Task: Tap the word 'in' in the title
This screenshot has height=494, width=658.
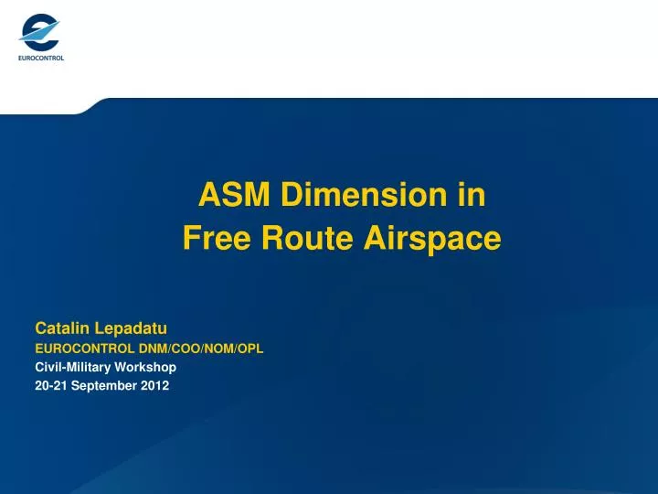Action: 472,195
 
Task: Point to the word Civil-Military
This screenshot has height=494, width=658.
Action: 72,367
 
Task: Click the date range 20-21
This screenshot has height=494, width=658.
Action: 49,385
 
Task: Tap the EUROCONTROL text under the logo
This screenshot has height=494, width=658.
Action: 40,58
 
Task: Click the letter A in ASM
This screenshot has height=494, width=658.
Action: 207,195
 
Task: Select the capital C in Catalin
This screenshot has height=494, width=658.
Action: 40,328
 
